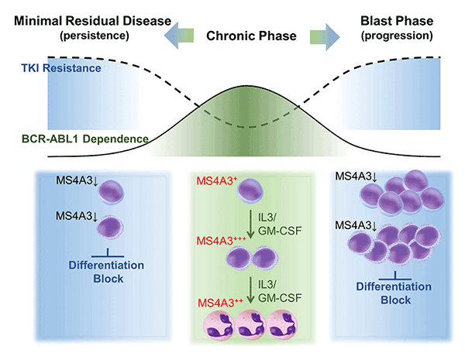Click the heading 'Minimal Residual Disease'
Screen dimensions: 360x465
(x=88, y=20)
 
